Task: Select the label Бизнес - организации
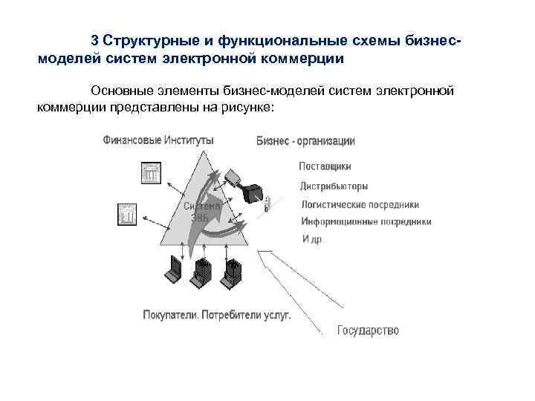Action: tap(305, 140)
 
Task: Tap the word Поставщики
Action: tap(325, 166)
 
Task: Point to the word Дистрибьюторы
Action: tap(334, 186)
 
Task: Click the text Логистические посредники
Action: tap(360, 204)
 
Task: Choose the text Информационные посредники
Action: tap(366, 221)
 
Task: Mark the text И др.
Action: tap(312, 239)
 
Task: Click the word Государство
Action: tap(368, 330)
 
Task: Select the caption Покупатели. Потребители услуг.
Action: tap(216, 315)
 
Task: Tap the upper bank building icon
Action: tap(152, 174)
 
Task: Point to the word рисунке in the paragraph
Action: tap(250, 108)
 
